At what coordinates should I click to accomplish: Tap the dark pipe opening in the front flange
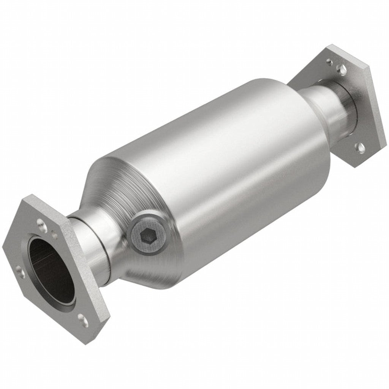pos(51,271)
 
